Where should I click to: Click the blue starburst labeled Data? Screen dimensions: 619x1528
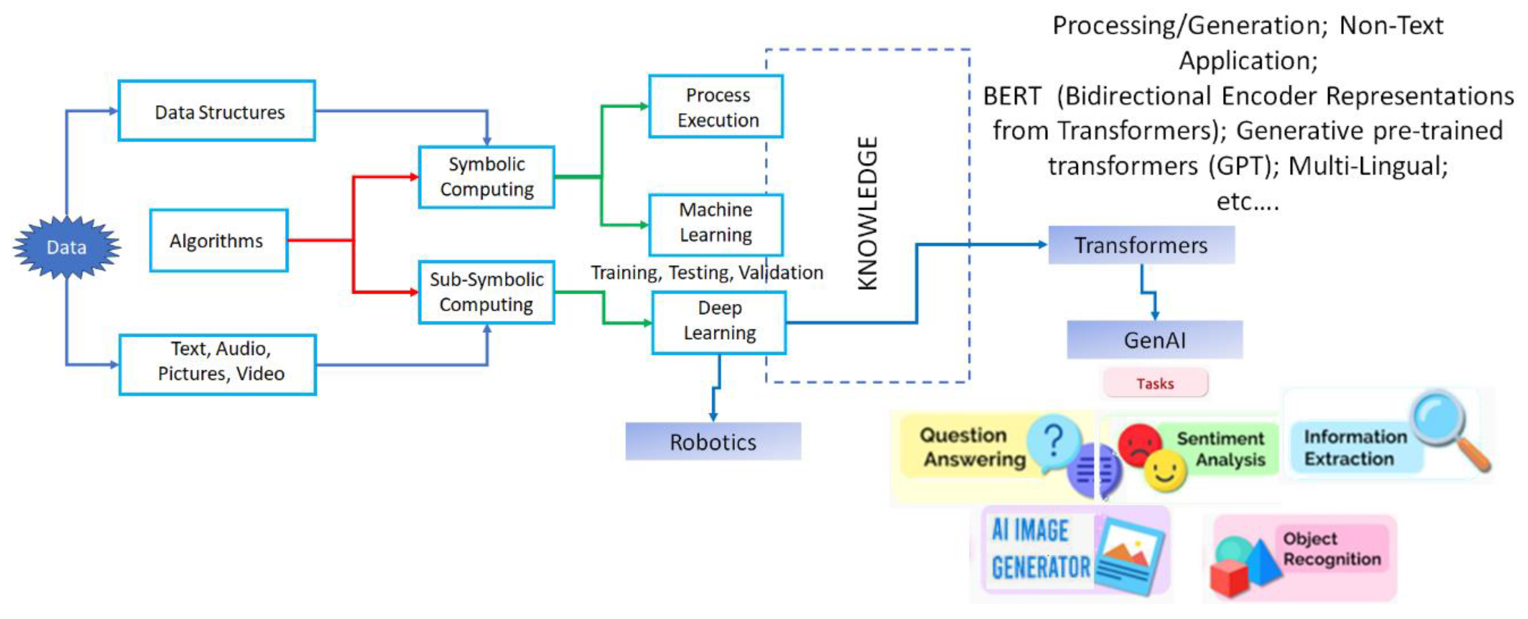(x=66, y=247)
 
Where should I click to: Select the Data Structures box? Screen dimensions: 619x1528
(x=217, y=111)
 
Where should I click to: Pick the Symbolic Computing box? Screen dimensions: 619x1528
(x=486, y=177)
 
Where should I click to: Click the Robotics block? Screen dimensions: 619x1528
(x=713, y=442)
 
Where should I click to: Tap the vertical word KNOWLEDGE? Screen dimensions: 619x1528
(x=867, y=214)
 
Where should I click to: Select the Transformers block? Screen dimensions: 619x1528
(x=1141, y=245)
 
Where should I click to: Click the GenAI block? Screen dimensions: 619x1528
(x=1154, y=340)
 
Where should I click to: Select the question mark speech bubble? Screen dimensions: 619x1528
(x=1054, y=442)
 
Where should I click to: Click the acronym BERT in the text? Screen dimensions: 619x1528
(x=1012, y=96)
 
